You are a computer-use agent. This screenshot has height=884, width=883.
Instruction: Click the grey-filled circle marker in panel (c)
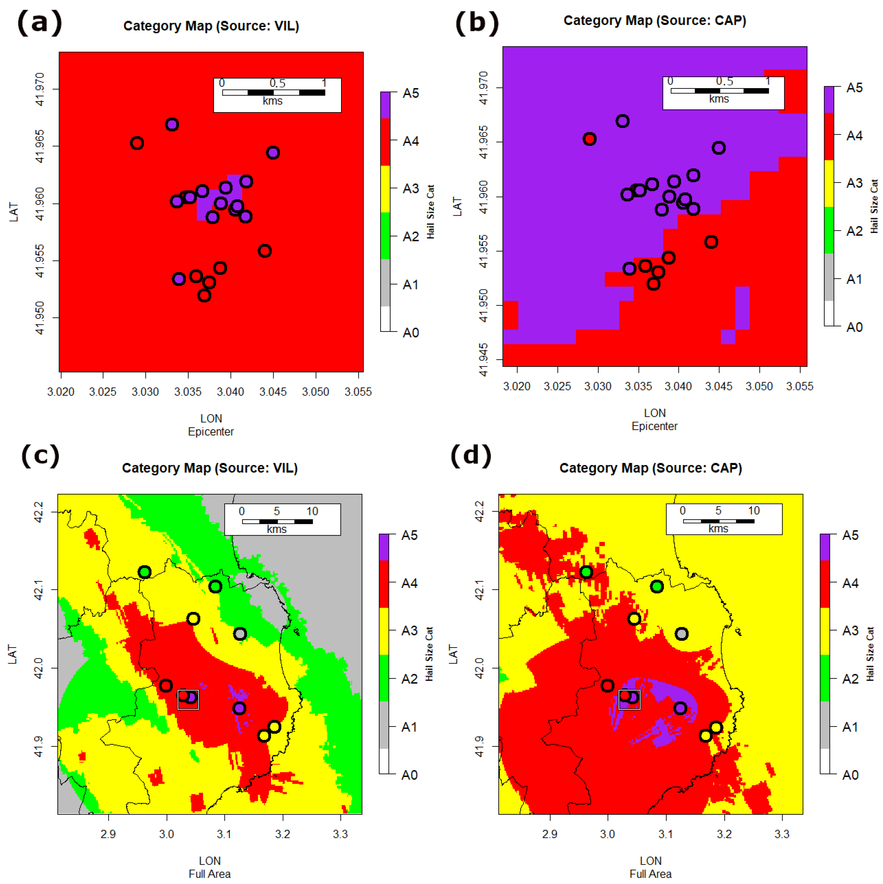coord(240,634)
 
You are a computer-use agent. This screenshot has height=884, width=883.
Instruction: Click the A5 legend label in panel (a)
coord(410,93)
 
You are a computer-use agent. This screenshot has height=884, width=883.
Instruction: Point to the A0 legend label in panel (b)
coord(854,327)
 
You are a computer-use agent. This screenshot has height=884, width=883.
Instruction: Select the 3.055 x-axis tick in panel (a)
coord(358,392)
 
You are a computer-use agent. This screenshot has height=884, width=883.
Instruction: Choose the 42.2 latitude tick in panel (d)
coord(479,511)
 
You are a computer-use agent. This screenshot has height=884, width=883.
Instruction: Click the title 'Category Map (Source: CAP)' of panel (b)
coord(655,21)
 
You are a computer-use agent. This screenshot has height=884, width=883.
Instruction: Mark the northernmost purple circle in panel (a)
coord(172,125)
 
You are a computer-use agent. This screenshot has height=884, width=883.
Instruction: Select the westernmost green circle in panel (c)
coord(145,572)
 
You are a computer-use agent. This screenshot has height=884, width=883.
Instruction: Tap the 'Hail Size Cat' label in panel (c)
coord(429,654)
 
